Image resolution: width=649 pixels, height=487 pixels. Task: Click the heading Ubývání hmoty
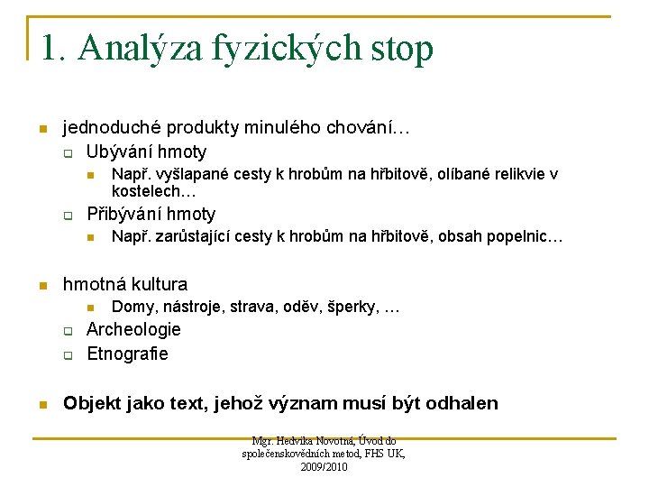tap(146, 152)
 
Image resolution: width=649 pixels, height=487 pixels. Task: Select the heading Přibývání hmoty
tap(151, 214)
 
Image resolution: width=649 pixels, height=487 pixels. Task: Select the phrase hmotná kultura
tap(124, 284)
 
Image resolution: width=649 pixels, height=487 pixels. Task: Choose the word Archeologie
tap(133, 329)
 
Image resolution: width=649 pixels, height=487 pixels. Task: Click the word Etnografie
tap(127, 354)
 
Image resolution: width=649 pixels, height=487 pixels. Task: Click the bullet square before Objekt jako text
tap(41, 404)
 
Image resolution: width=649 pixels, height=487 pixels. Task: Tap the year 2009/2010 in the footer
tap(324, 467)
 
